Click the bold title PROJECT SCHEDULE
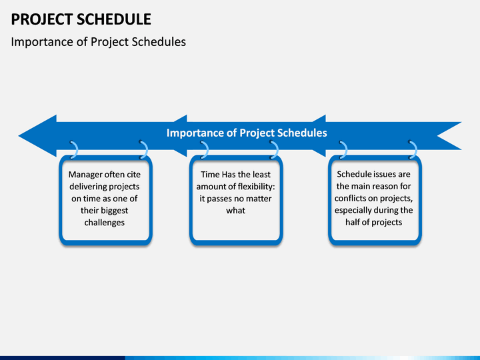(81, 19)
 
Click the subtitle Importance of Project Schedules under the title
(98, 42)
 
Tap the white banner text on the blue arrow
(247, 133)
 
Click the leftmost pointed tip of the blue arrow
(19, 135)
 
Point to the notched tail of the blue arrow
(438, 135)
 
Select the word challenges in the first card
(105, 223)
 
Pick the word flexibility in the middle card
(256, 187)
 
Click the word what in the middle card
(236, 211)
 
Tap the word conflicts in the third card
(350, 199)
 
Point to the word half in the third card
(352, 222)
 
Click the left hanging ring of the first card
(75, 150)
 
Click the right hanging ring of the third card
(415, 150)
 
